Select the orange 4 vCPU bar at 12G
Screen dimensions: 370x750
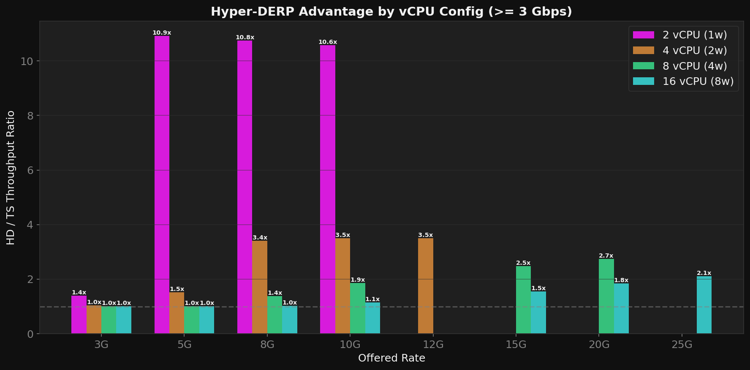[425, 286]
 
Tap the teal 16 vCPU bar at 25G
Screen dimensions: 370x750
[704, 305]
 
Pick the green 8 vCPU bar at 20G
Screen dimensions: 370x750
[606, 296]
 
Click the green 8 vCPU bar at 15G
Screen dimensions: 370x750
[523, 300]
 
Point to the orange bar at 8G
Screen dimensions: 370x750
[260, 287]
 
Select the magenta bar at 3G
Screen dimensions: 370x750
[79, 315]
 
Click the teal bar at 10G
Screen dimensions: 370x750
[372, 318]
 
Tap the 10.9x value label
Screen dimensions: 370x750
[162, 33]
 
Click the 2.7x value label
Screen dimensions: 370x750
[606, 256]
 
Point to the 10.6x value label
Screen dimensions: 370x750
[328, 42]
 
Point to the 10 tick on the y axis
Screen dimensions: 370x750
[27, 61]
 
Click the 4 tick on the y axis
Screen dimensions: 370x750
[30, 225]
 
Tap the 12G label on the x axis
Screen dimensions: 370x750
[433, 345]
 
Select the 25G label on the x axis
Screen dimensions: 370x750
[682, 345]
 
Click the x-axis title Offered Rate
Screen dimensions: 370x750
[391, 358]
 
